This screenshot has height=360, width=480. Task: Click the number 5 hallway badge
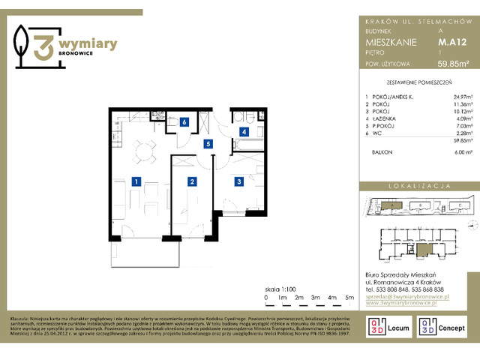(x=209, y=143)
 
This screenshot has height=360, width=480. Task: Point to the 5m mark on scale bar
(x=349, y=298)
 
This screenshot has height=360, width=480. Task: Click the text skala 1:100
(x=280, y=288)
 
